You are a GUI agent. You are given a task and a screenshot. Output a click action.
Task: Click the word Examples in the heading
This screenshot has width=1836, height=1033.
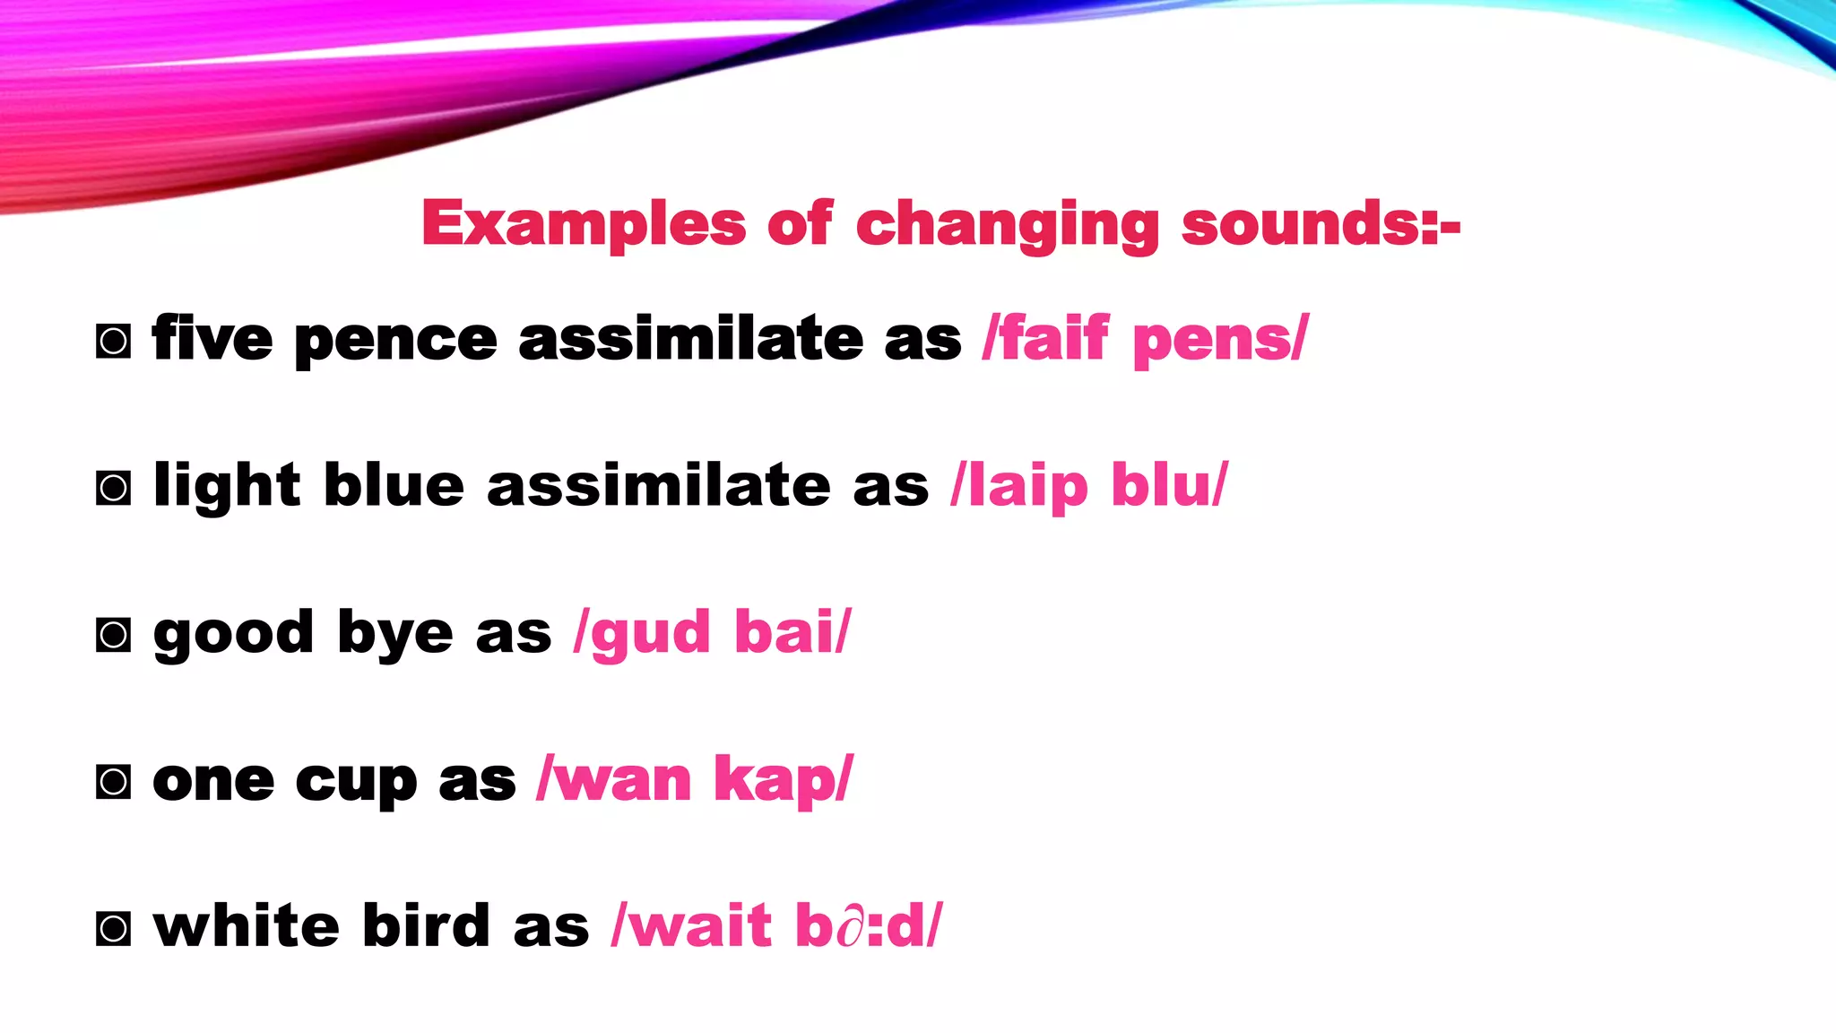tap(584, 223)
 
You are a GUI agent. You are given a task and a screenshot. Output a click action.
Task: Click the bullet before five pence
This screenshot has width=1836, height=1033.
tap(113, 342)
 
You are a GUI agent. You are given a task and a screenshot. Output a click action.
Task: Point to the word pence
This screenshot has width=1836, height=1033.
tap(395, 342)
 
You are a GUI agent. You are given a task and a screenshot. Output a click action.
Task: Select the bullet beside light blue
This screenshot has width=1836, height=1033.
tap(113, 489)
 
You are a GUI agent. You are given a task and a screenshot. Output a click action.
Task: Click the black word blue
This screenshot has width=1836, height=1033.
tap(394, 486)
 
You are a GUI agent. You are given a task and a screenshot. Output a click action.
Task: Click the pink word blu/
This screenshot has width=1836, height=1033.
tap(1169, 486)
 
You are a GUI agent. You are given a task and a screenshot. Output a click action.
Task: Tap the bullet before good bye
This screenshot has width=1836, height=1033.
tap(113, 635)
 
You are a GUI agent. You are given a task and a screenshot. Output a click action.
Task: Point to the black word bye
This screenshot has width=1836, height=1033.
tap(395, 635)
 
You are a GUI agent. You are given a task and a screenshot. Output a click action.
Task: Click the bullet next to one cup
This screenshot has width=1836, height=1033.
tap(113, 782)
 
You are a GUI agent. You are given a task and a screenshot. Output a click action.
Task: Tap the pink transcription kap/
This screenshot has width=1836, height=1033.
tap(783, 780)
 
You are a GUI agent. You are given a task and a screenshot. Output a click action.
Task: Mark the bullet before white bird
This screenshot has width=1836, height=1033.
tap(113, 928)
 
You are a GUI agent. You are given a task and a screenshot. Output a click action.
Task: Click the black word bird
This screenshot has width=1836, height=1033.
tap(426, 925)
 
